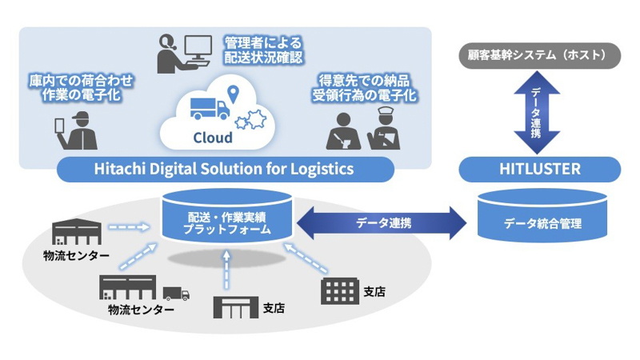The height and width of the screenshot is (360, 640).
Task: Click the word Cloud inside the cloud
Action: pyautogui.click(x=213, y=138)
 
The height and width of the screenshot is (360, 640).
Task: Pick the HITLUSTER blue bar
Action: pyautogui.click(x=539, y=169)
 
